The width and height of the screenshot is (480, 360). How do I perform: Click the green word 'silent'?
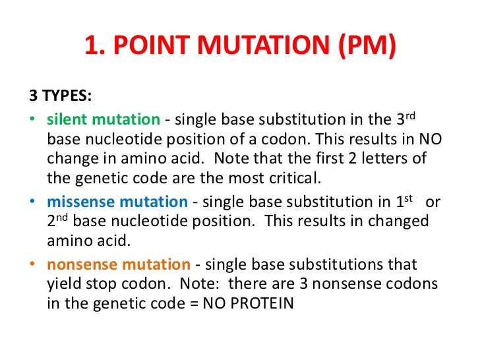point(68,120)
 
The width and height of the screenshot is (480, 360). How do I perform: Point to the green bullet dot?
point(33,120)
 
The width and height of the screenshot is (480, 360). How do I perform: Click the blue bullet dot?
point(33,202)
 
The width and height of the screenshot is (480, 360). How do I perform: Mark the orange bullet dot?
point(33,264)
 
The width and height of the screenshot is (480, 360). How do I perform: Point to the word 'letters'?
point(375,159)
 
